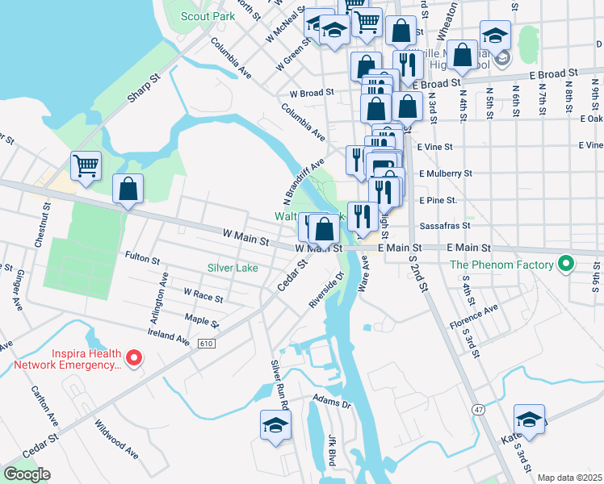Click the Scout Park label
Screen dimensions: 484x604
click(x=208, y=16)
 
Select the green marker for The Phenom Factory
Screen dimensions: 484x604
click(x=565, y=264)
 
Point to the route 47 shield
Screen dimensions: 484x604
click(x=480, y=411)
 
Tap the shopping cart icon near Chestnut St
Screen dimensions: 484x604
click(x=86, y=166)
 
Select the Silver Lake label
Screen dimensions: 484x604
click(x=232, y=268)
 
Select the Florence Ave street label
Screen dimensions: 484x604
click(x=474, y=316)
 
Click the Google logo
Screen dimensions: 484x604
click(x=27, y=474)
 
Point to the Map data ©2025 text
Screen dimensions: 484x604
click(x=569, y=478)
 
